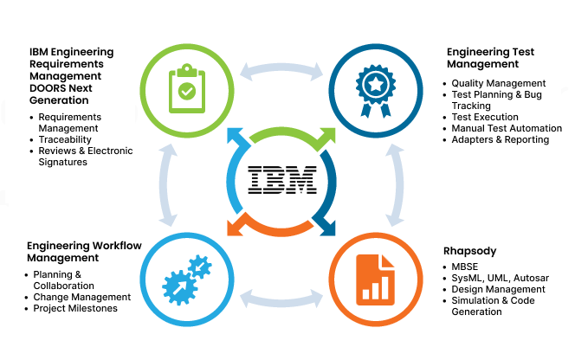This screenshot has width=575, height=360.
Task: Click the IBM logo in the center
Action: (x=282, y=180)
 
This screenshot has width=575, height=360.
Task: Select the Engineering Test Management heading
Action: (x=490, y=58)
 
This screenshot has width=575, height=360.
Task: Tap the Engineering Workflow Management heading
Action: (x=84, y=251)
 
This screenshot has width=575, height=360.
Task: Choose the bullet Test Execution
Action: (x=485, y=117)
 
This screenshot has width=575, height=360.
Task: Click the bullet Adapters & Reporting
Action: (x=501, y=139)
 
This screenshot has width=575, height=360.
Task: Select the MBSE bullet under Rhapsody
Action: (x=465, y=266)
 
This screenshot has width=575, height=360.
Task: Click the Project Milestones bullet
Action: (x=75, y=308)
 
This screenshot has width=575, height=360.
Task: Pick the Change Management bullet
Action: (x=82, y=297)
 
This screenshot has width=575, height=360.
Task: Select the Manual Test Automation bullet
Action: (x=507, y=128)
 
